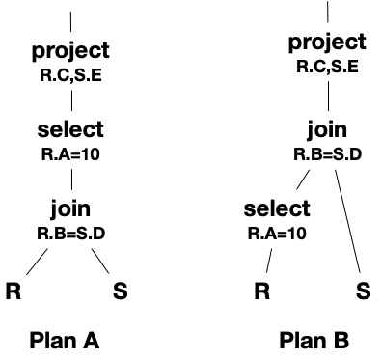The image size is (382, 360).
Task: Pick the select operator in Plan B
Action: pyautogui.click(x=277, y=208)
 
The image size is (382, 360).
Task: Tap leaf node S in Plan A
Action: pyautogui.click(x=120, y=291)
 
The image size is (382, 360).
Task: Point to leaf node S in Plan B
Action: pyautogui.click(x=363, y=291)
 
